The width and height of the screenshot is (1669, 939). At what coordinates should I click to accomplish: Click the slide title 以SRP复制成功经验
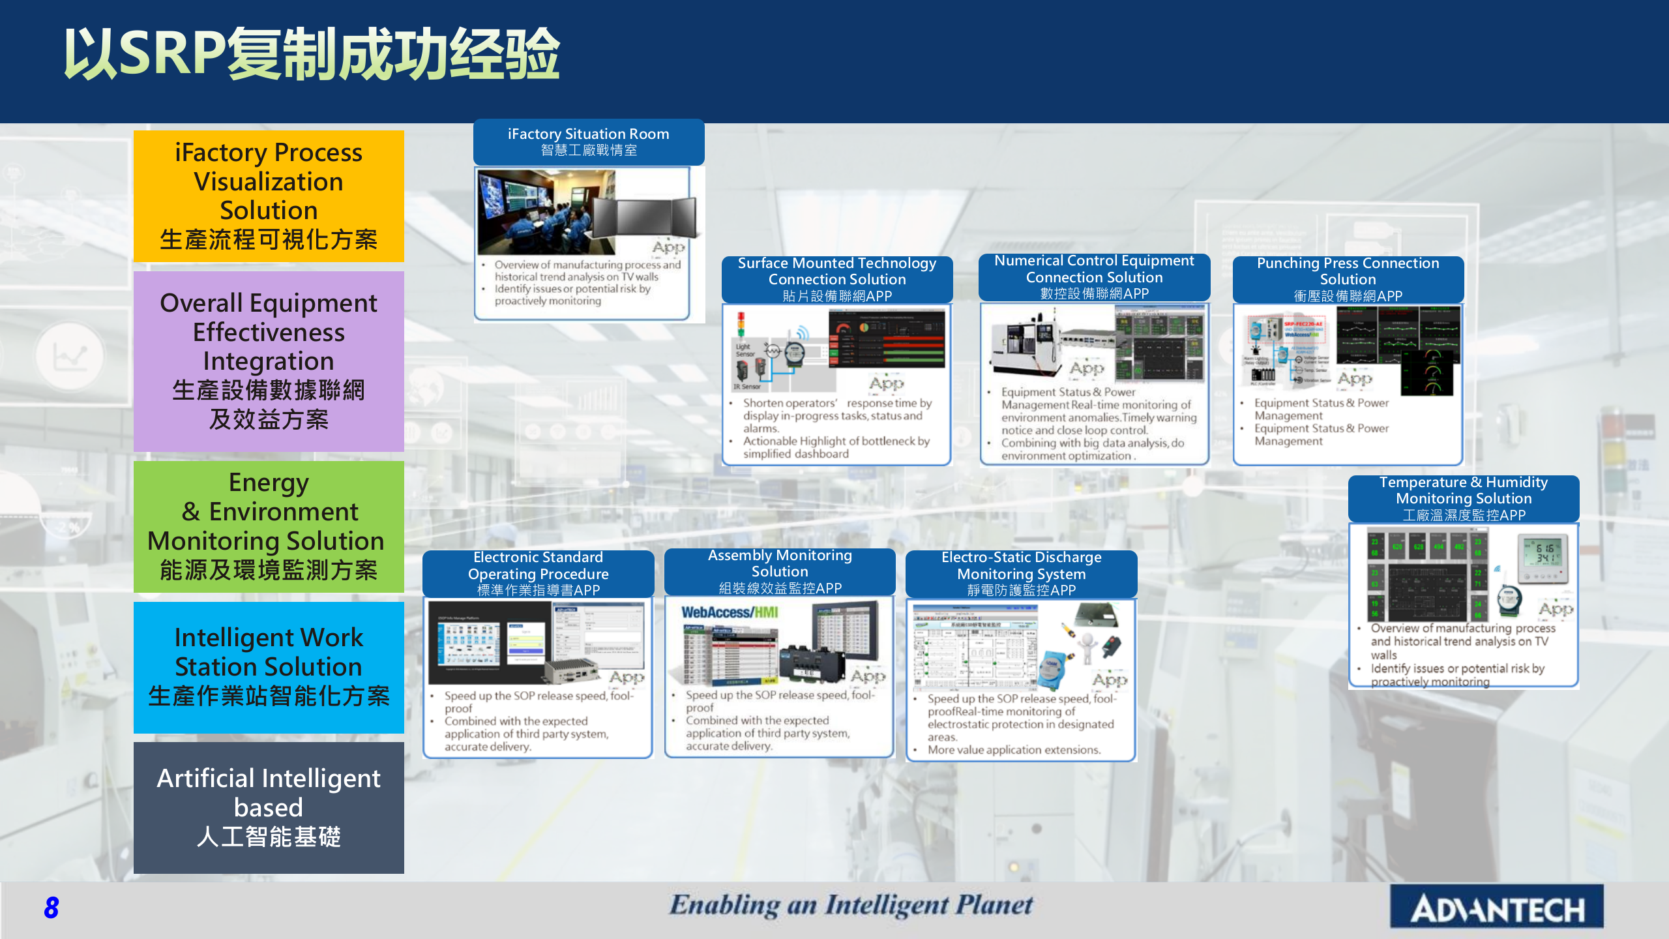point(312,53)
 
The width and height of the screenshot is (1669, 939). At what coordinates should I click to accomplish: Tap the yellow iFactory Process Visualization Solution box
point(269,196)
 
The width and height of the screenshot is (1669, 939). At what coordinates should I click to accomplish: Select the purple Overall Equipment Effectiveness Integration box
point(269,361)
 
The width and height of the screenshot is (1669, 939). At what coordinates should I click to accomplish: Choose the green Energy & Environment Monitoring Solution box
point(269,526)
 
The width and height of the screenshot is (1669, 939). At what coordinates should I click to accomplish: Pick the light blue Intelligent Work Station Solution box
point(269,666)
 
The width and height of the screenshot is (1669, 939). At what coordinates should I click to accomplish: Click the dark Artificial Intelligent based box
point(269,807)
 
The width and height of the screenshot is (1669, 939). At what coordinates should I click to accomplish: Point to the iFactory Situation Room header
point(588,142)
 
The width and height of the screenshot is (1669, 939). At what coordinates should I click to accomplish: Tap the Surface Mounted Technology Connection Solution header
point(836,279)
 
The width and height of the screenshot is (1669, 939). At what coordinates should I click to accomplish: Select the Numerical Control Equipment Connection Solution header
point(1094,277)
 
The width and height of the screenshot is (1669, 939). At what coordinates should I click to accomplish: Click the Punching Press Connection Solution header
point(1348,279)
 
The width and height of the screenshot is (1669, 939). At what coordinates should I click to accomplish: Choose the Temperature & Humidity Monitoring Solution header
point(1463,498)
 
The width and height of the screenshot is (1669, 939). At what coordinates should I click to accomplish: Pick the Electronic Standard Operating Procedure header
point(538,573)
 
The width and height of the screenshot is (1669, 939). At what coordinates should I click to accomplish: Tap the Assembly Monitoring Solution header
point(780,571)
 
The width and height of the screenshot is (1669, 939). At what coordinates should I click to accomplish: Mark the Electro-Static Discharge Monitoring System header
point(1021,573)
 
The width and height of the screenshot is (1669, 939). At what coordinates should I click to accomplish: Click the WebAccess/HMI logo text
point(730,612)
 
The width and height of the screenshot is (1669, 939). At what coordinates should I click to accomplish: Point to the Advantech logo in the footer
point(1496,907)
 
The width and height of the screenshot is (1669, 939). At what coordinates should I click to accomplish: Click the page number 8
point(51,907)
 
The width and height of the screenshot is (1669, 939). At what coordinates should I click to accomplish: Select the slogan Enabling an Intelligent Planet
point(851,905)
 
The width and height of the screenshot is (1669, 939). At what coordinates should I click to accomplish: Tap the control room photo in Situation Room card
point(546,212)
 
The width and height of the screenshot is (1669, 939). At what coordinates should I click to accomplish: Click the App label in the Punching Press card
point(1355,379)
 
